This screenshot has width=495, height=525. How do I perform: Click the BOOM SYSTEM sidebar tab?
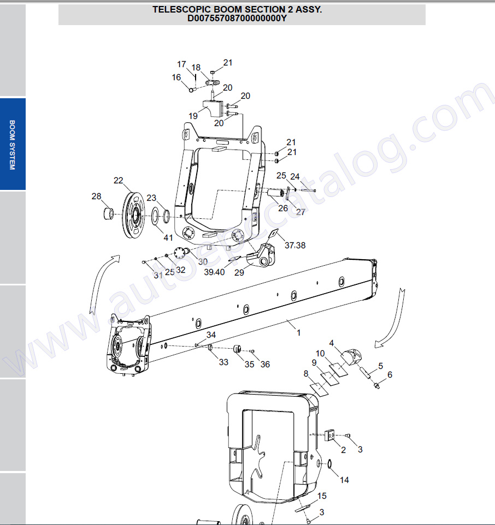point(13,145)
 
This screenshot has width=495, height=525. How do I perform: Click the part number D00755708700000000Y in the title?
point(237,19)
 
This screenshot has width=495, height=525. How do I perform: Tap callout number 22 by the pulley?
point(119,181)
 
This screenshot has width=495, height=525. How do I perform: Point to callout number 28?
point(96,196)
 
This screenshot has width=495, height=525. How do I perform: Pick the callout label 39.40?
point(214,272)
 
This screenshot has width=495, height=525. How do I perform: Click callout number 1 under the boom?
point(298,332)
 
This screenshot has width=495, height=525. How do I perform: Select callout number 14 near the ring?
point(344,480)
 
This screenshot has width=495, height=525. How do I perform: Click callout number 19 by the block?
point(193,116)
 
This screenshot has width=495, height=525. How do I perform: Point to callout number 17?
point(181,64)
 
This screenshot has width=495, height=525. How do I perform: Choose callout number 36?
point(265,365)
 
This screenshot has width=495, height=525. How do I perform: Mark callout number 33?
point(223,362)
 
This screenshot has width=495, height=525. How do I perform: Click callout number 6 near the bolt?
point(390,375)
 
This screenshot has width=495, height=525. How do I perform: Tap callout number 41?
point(168,237)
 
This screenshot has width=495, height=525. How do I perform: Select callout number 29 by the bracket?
point(239,273)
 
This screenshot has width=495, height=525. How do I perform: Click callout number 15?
point(322,496)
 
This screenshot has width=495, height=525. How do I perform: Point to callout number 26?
point(283,208)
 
